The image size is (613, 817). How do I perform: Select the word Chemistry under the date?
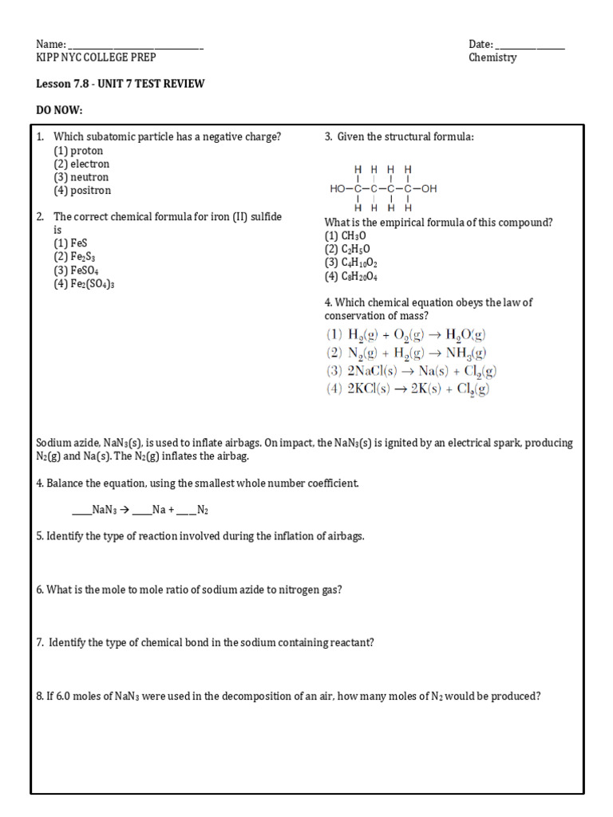tap(492, 57)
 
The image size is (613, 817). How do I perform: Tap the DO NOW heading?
tap(60, 109)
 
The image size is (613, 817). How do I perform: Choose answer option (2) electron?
tap(81, 164)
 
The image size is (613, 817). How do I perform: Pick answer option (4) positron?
tap(82, 191)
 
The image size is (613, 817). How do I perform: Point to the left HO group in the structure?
tap(338, 189)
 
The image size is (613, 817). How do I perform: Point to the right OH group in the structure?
tap(429, 189)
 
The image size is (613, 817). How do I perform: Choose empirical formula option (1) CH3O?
tap(343, 236)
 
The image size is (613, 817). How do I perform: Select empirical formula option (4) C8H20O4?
tap(351, 277)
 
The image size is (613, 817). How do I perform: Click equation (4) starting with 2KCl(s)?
tap(407, 389)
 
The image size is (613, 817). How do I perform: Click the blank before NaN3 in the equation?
tap(81, 510)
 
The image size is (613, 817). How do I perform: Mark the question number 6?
tap(40, 590)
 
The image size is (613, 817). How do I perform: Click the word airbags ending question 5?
tap(345, 536)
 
